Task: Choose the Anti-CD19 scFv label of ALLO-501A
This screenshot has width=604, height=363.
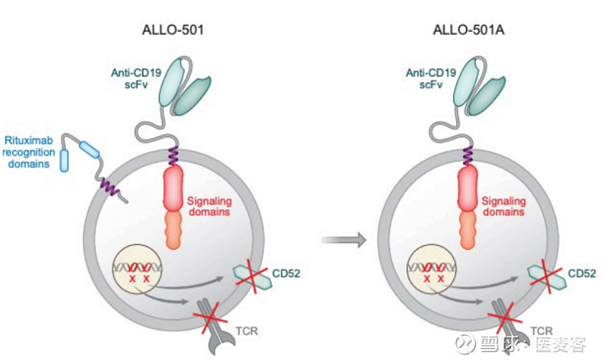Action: (x=425, y=78)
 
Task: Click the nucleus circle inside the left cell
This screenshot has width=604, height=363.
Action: (x=139, y=271)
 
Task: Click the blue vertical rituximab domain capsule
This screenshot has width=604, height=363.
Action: (x=65, y=160)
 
